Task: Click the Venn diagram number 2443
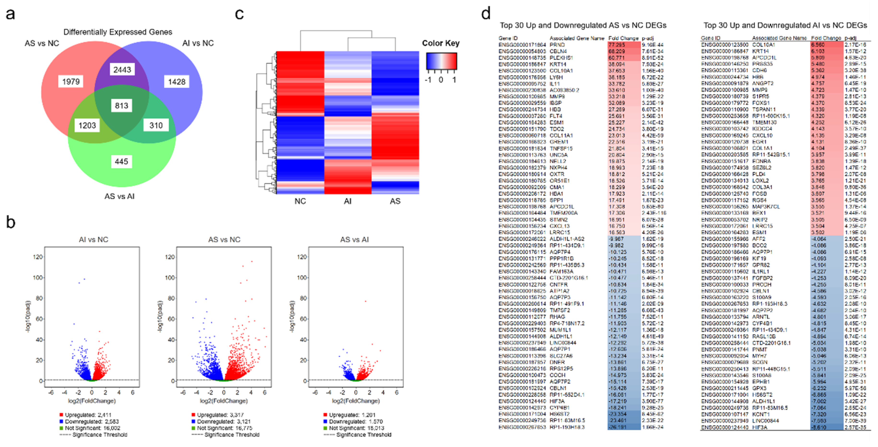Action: pos(122,70)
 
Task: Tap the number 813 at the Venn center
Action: pos(121,106)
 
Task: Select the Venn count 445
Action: pos(121,161)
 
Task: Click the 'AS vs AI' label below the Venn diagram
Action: pos(119,196)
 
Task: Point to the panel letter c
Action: pos(240,14)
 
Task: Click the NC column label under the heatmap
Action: pos(300,201)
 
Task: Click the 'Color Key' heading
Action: pos(440,43)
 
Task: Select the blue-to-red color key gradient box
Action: pos(441,61)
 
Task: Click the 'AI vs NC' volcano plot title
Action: pos(94,240)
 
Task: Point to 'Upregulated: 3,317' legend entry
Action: pos(220,415)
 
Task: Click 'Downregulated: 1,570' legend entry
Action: pos(352,421)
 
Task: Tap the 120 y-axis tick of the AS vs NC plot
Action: pos(170,257)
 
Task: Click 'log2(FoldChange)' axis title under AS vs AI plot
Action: pos(356,401)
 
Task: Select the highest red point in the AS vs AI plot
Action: pos(365,301)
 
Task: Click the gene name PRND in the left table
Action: pos(557,45)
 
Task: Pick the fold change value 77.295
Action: pos(617,45)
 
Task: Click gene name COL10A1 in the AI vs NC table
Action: pos(763,45)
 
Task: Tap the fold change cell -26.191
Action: pos(617,427)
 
